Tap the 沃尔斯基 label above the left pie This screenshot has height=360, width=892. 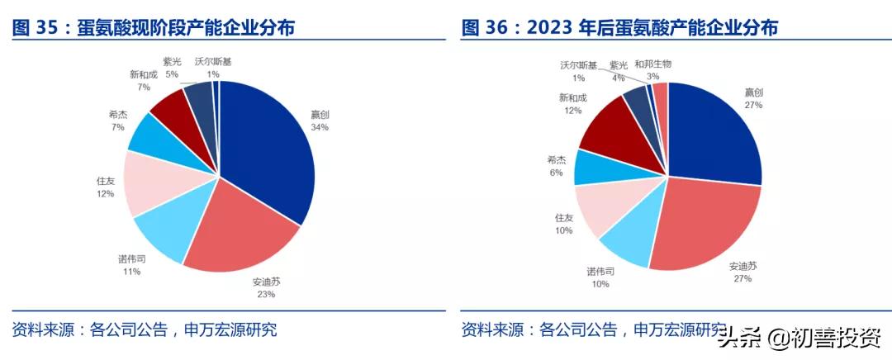click(213, 61)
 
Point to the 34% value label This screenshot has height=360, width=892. click(320, 128)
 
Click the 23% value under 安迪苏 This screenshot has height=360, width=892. click(265, 294)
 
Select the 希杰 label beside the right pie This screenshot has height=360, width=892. click(556, 159)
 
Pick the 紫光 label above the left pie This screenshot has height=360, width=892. click(172, 61)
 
